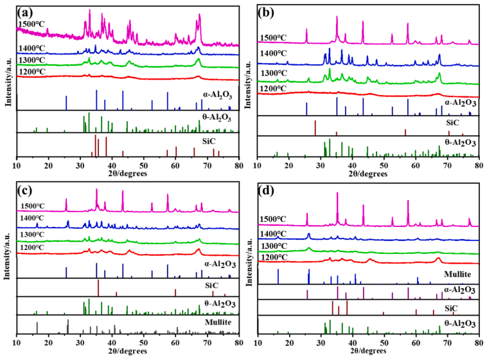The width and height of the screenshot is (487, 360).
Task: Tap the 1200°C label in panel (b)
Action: pyautogui.click(x=272, y=88)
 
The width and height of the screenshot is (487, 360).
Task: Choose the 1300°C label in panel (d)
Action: pyautogui.click(x=273, y=246)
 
